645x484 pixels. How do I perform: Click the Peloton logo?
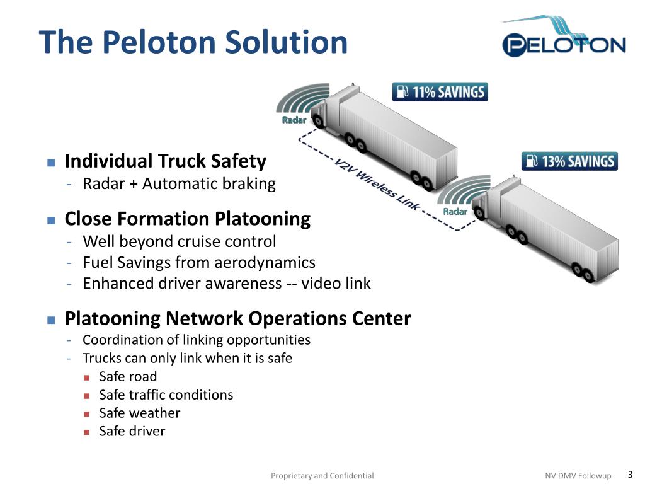tap(563, 38)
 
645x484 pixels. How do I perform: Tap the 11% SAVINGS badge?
tap(440, 92)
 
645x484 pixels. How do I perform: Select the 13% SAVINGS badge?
tap(569, 161)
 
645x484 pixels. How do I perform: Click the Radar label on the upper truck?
tap(294, 120)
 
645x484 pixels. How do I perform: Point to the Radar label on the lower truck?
tap(455, 211)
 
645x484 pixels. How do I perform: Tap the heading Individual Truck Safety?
tap(165, 161)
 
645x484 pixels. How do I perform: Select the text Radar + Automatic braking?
tap(179, 184)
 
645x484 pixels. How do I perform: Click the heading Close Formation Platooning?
tap(187, 219)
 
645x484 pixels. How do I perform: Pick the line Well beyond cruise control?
tap(179, 241)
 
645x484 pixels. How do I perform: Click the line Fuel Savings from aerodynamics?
tap(198, 262)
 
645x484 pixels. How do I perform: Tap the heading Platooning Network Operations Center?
tap(237, 318)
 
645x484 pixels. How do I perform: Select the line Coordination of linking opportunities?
tap(197, 340)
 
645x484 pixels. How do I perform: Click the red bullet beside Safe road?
tap(87, 377)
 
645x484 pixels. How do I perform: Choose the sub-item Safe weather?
tap(139, 413)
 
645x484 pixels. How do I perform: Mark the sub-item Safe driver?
tap(132, 431)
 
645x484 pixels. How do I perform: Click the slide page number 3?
tap(630, 475)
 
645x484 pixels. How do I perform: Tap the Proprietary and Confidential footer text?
tap(322, 476)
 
